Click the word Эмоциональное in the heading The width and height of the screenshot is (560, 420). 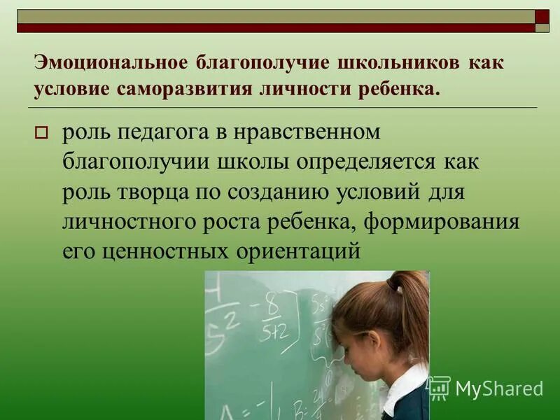108,63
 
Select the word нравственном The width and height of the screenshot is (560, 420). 311,132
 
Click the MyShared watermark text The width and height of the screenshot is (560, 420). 499,388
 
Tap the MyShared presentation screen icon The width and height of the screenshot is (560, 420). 439,388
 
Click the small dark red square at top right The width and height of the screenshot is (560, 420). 542,16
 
